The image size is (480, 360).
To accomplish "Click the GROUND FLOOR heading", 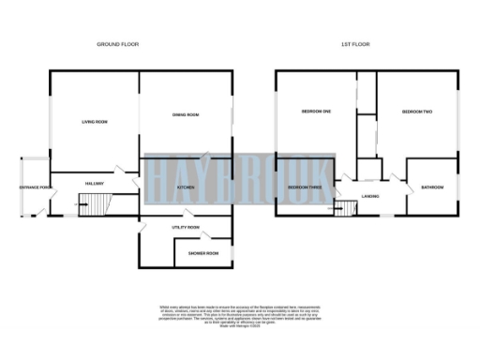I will pyautogui.click(x=117, y=44).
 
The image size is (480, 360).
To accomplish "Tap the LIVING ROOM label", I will pyautogui.click(x=95, y=122).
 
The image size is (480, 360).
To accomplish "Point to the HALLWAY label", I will pyautogui.click(x=94, y=183).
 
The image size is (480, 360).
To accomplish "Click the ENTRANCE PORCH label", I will pyautogui.click(x=35, y=187).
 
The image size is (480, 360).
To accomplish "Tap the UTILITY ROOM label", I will pyautogui.click(x=186, y=227).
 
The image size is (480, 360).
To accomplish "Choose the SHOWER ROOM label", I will pyautogui.click(x=202, y=253).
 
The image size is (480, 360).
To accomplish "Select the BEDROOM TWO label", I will pyautogui.click(x=416, y=112).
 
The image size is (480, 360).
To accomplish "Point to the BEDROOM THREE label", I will pyautogui.click(x=304, y=187).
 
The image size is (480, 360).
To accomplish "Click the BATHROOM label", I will pyautogui.click(x=432, y=187).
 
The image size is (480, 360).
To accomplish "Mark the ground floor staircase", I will pyautogui.click(x=95, y=204).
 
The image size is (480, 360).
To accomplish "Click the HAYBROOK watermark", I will pyautogui.click(x=239, y=176).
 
